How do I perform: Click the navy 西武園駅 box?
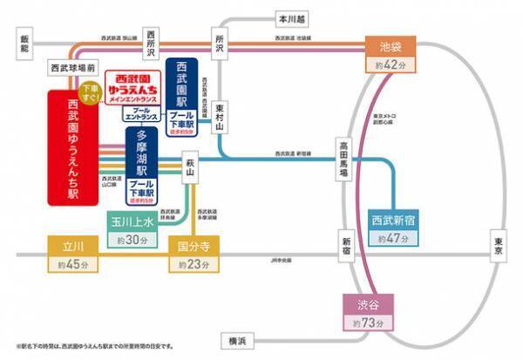coord(181,95)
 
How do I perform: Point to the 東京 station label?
coord(499,245)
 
